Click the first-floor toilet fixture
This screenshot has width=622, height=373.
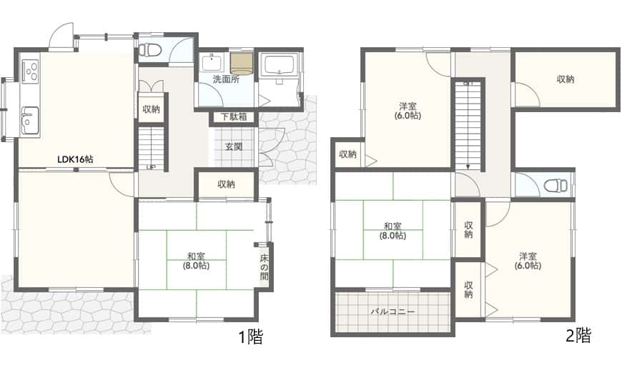click(150, 50)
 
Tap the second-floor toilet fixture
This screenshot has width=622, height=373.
click(557, 185)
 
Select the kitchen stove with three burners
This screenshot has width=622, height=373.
click(30, 71)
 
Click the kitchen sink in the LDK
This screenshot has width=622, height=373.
click(30, 120)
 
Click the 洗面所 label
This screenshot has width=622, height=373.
click(226, 79)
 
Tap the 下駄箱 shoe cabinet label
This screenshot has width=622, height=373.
click(234, 117)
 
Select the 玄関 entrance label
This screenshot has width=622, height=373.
click(234, 146)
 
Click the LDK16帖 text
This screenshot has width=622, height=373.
click(75, 159)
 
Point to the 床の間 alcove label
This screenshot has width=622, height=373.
click(265, 267)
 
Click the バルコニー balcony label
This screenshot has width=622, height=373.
click(393, 312)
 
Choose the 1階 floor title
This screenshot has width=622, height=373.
click(250, 337)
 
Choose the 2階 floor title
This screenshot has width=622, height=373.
click(578, 335)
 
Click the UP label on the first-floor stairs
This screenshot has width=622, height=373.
click(150, 167)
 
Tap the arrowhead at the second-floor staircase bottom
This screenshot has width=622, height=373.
click(468, 167)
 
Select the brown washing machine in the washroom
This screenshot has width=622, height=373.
click(241, 64)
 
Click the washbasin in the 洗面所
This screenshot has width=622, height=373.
click(212, 63)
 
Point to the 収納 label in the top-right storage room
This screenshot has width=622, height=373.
click(566, 79)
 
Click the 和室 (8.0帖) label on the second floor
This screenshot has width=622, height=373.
click(393, 231)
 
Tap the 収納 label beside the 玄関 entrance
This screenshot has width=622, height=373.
click(226, 184)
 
